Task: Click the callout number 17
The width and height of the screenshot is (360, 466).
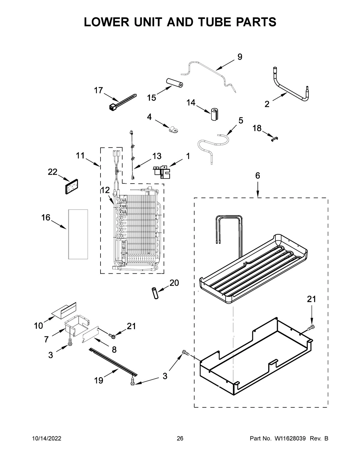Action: point(98,90)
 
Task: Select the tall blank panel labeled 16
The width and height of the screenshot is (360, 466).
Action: point(78,234)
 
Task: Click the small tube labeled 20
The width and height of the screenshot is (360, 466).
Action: point(155,293)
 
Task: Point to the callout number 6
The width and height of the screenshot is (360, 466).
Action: point(257,176)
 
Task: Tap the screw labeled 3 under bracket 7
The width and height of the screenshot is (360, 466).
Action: point(70,341)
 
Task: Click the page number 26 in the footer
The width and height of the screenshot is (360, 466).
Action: point(180,439)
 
